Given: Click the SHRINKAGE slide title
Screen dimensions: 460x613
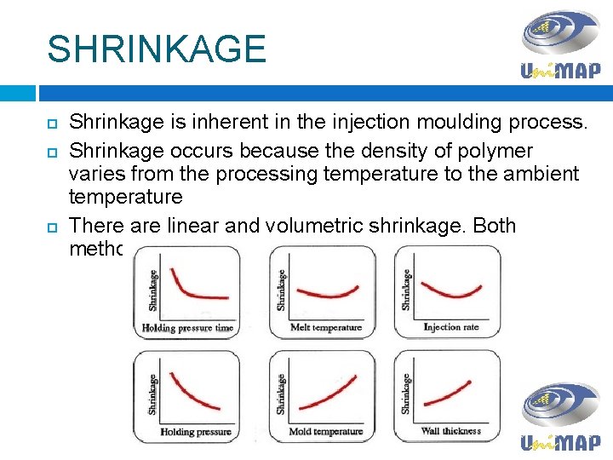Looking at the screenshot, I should tap(157, 49).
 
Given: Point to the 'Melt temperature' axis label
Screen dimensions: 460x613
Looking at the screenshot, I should tap(326, 327).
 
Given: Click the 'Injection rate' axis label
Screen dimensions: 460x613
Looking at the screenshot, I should tap(452, 327).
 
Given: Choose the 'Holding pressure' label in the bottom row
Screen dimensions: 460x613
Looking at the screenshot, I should tap(195, 432).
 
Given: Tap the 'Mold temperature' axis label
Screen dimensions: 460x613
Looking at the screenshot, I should tap(324, 432).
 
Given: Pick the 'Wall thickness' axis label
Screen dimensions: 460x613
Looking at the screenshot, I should tap(450, 431).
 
